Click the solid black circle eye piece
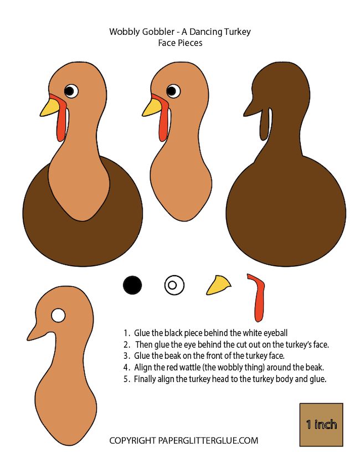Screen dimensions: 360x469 pos(132,285)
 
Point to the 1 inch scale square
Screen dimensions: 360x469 pos(321,425)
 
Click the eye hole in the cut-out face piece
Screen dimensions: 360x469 pos(58,315)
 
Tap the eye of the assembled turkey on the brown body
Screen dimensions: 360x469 pos(71,91)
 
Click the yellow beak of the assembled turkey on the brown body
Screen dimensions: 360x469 pos(50,107)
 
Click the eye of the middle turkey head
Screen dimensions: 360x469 pos(173,91)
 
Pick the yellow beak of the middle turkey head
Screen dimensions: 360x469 pos(152,107)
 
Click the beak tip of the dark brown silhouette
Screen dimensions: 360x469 pos(244,116)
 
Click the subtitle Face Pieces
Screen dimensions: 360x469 pos(180,43)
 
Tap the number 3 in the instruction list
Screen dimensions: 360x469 pos(126,356)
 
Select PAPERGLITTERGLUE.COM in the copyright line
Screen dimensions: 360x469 pos(208,441)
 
